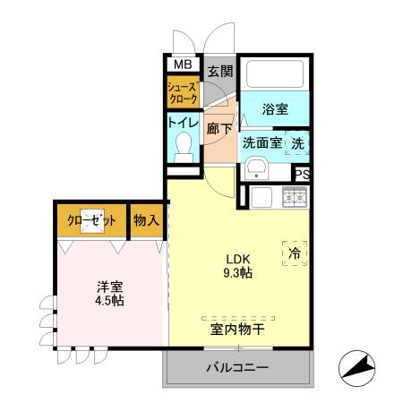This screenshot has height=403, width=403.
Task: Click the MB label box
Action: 182,64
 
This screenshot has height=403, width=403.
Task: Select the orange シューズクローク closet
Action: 184,91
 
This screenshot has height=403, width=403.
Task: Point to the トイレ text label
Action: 184,124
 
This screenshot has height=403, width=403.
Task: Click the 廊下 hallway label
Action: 219,129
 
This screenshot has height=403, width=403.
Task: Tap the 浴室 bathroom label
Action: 276,109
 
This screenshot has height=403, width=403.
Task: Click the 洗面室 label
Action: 262,141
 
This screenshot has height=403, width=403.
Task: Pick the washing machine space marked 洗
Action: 297,141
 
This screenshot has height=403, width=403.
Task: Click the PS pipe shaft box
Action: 303,175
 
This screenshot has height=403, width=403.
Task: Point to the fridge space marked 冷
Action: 295,253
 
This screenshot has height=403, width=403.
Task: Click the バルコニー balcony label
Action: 239,367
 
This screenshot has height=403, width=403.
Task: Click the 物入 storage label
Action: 146,219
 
